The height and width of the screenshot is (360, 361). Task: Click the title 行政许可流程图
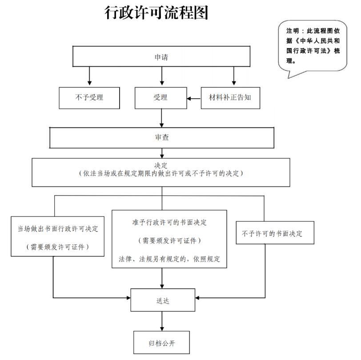coord(156,13)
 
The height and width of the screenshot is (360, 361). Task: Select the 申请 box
coord(161,57)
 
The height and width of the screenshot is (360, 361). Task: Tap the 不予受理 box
coord(89,97)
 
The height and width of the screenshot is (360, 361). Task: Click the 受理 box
coord(160,97)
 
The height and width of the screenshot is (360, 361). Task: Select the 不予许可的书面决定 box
coord(272,234)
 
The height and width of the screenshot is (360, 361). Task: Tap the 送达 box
coord(162,300)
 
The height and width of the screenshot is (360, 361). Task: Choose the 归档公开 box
coord(162,343)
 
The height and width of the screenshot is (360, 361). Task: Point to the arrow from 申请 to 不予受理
coord(89,76)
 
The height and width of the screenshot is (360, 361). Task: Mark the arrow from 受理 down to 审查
coord(161,118)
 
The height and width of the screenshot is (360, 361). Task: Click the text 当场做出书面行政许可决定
coord(58,229)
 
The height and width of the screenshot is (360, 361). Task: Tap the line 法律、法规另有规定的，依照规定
coord(169,259)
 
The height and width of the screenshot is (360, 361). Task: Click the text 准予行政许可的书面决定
coord(169,222)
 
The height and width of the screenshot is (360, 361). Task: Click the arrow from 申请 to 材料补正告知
coord(233,76)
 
